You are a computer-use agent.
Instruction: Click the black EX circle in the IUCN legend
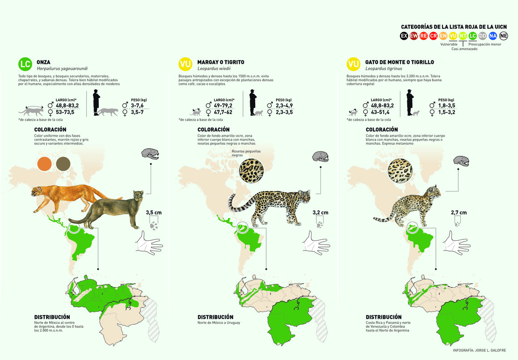point(404,36)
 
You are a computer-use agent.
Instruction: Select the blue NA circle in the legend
point(493,36)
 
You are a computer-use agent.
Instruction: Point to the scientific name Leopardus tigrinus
point(384,69)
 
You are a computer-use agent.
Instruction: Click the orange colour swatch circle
point(45,164)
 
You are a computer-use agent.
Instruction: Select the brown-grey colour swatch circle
point(63,164)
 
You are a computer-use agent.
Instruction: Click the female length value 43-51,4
point(380,113)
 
